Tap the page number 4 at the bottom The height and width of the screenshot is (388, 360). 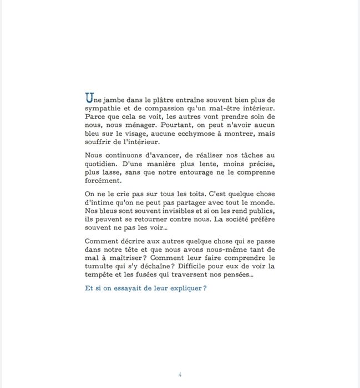point(180,374)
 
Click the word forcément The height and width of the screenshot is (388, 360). point(103,181)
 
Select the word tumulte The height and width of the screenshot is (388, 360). point(99,266)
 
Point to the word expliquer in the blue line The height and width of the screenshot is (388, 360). point(181,288)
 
